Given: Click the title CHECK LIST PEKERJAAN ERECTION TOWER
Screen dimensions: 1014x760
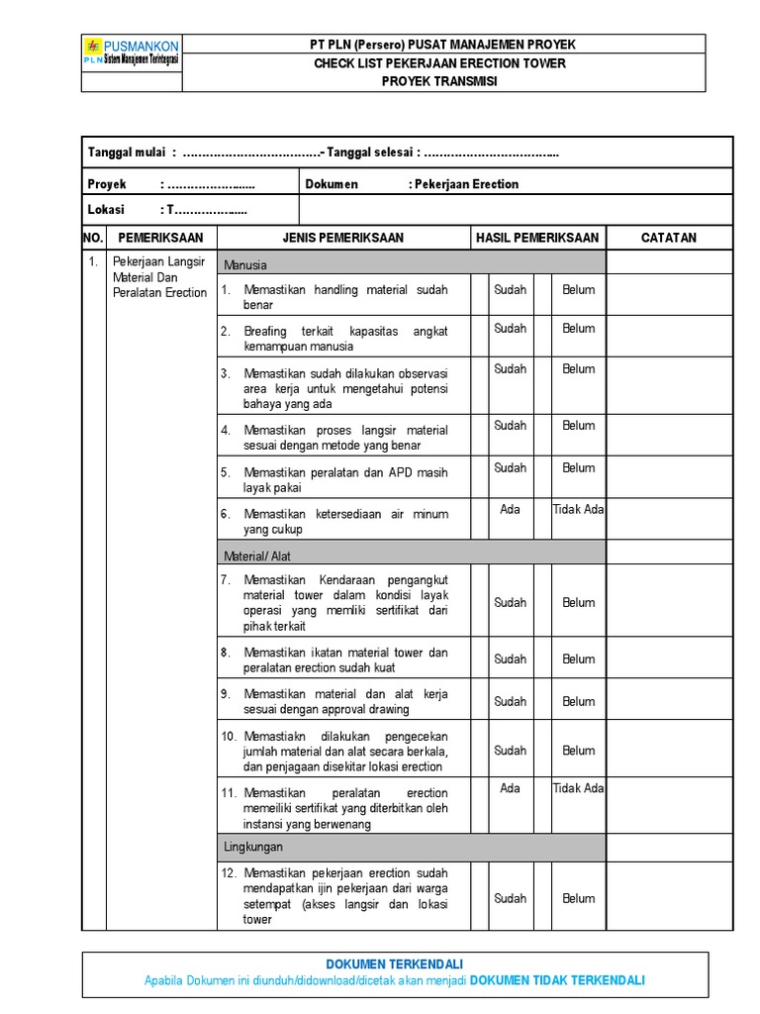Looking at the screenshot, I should (x=440, y=63).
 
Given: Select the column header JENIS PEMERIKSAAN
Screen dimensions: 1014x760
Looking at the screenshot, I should (x=343, y=238).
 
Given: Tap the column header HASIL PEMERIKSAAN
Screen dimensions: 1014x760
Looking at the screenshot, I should (x=537, y=238).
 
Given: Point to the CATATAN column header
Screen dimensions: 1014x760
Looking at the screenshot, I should (x=669, y=238).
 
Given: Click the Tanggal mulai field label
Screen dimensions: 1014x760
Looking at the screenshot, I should (x=127, y=152).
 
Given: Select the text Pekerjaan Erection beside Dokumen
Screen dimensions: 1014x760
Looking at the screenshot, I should (x=466, y=184).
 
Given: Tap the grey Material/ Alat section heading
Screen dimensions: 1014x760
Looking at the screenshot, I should (x=257, y=557).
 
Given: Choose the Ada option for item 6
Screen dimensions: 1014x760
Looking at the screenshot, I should (x=510, y=509).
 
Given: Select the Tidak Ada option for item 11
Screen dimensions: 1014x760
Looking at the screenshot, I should (x=578, y=788).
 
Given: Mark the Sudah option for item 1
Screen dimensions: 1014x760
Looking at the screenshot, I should (x=511, y=290).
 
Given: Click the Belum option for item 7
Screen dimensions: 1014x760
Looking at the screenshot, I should (x=579, y=602).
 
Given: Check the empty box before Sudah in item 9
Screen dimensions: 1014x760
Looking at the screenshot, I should (x=480, y=701).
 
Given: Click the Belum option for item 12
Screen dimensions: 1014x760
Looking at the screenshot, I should (x=579, y=898).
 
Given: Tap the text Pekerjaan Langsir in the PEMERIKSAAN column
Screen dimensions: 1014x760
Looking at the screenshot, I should (x=157, y=261).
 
